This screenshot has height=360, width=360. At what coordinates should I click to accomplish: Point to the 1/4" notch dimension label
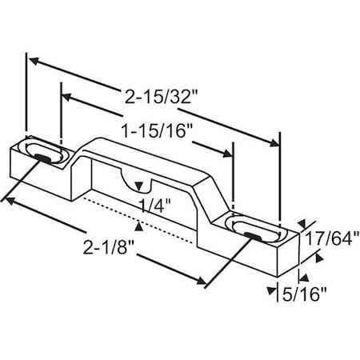point(150,204)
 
